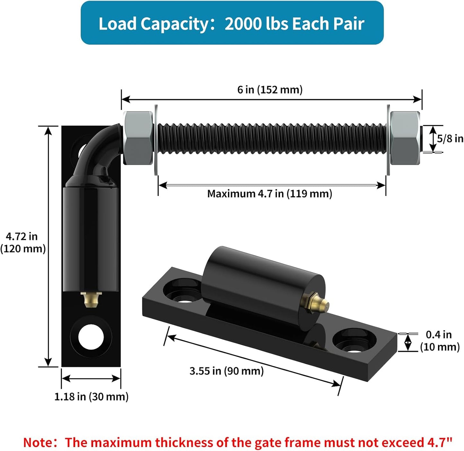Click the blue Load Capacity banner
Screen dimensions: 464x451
point(232,23)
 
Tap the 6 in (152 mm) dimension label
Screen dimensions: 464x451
point(270,90)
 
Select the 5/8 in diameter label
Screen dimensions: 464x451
point(450,138)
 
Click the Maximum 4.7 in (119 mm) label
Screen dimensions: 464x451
point(269,194)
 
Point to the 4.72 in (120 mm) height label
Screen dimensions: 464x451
point(23,242)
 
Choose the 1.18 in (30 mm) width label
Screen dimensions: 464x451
point(91,397)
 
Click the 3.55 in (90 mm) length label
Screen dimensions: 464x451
point(226,371)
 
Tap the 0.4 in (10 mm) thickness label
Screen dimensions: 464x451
point(440,340)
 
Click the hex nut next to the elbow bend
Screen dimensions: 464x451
point(138,138)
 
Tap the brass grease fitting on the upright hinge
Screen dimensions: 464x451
point(91,300)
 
